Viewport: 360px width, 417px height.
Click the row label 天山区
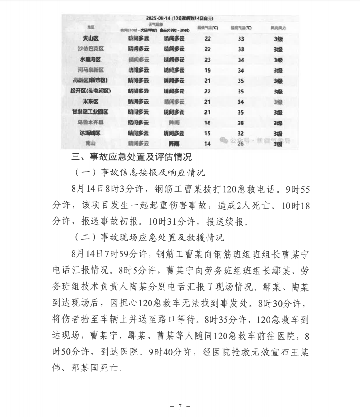pos(91,38)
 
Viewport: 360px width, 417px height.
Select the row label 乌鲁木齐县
pos(91,123)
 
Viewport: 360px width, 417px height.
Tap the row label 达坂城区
pos(91,133)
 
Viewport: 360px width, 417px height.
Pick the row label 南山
pos(91,143)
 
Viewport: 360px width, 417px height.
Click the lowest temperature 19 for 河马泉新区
pos(208,70)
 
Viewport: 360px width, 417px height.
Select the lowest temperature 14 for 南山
pos(208,143)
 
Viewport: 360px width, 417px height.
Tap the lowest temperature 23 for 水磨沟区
pos(208,60)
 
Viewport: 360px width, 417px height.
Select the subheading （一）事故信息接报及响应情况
pos(140,173)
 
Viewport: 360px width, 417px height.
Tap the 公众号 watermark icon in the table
pos(224,140)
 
